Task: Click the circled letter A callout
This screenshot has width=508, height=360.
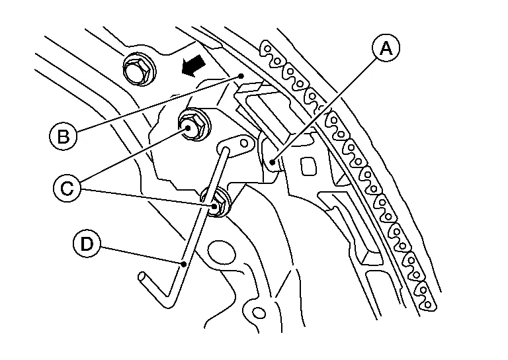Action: pos(386,48)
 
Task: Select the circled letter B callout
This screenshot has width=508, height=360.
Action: pos(63,136)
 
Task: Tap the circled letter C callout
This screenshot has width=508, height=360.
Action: pos(67,188)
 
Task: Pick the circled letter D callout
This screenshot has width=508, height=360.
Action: pos(87,244)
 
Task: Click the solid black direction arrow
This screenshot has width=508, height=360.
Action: pos(193,66)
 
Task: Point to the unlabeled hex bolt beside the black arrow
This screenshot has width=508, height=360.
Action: pos(140,69)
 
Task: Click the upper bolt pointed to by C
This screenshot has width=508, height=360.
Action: pos(194,125)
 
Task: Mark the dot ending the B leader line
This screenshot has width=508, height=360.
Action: pos(241,76)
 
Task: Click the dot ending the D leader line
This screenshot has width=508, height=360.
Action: pos(184,265)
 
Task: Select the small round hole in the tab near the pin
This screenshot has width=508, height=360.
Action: pos(243,143)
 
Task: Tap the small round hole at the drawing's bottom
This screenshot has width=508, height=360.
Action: pos(258,313)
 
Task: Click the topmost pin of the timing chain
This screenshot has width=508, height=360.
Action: pos(268,48)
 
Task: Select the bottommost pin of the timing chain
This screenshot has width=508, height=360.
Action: pos(428,304)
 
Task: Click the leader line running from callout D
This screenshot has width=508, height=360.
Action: pos(142,255)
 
